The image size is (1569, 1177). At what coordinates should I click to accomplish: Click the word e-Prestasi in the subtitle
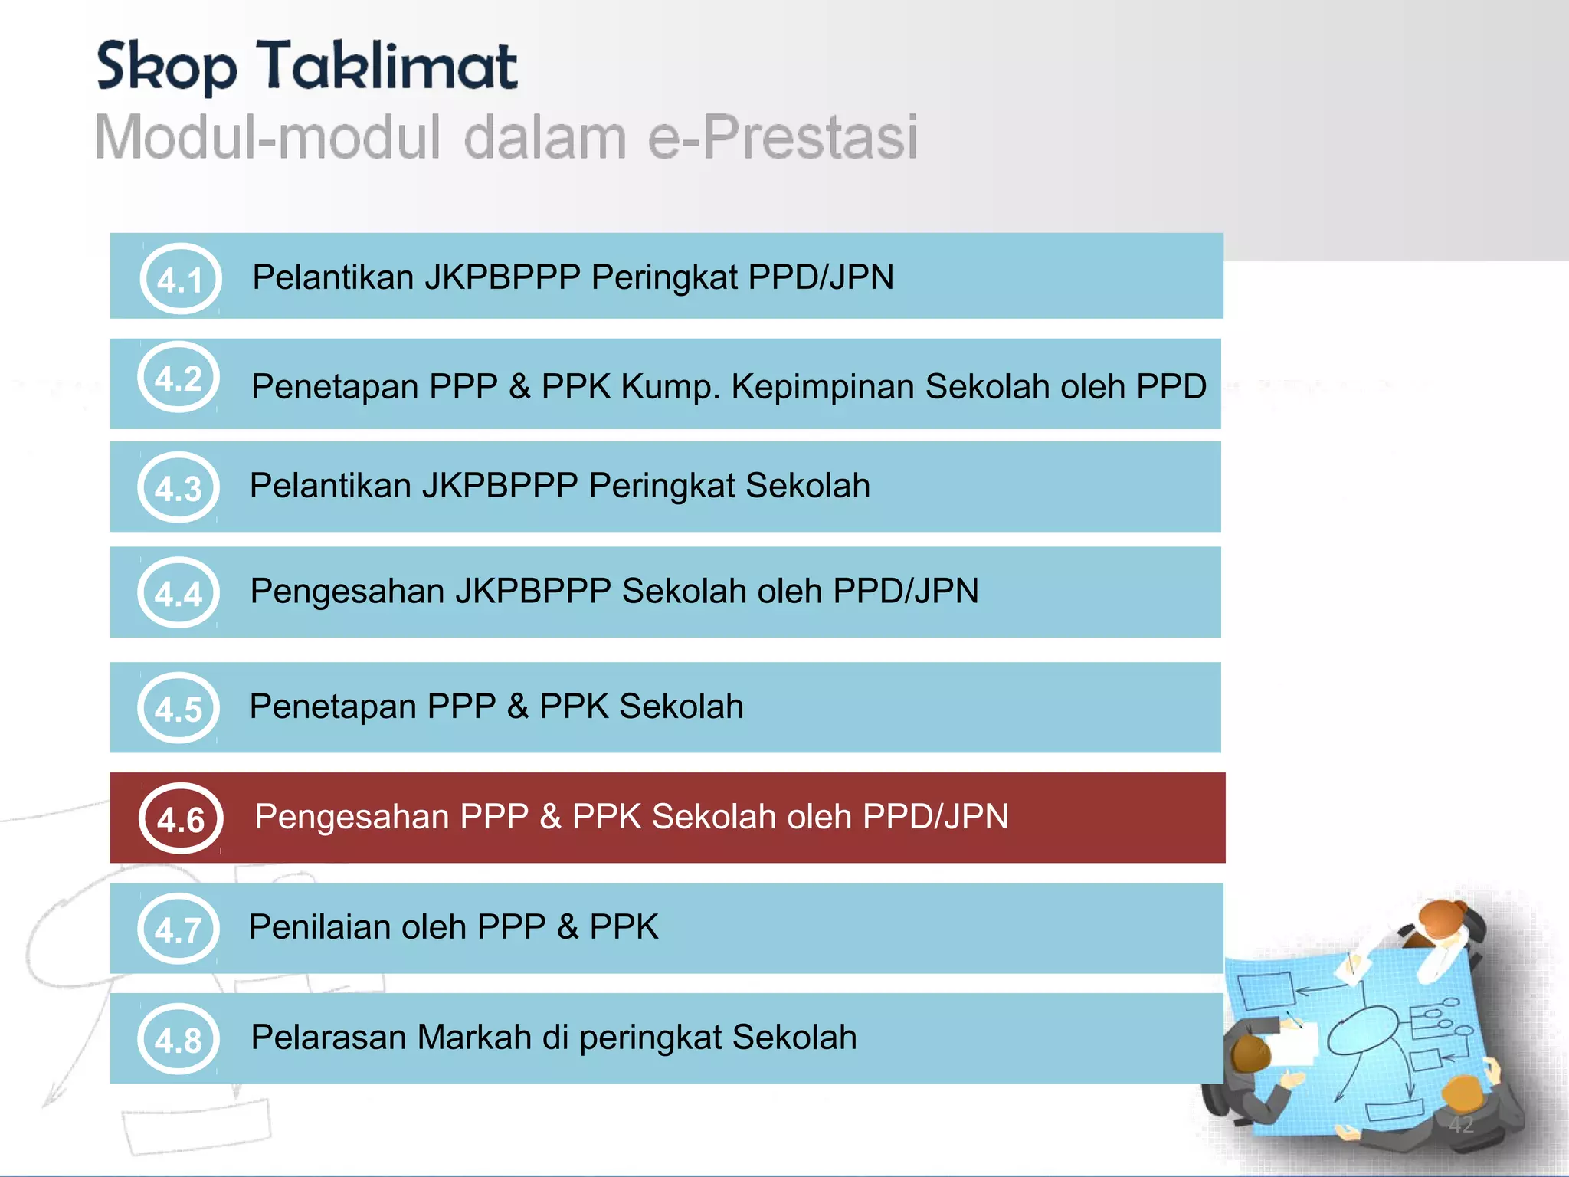click(782, 138)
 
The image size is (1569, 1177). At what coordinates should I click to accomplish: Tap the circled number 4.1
click(181, 279)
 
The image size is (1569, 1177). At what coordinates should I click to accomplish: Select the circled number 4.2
click(179, 378)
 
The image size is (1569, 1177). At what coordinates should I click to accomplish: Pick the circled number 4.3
click(179, 488)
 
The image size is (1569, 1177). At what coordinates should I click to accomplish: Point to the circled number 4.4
click(179, 593)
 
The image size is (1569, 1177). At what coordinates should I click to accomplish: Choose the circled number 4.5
click(179, 709)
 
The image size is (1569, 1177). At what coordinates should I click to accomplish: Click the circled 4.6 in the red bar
click(181, 819)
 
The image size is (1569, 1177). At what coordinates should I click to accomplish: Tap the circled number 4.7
click(179, 929)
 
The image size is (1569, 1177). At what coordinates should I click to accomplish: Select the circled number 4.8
click(179, 1040)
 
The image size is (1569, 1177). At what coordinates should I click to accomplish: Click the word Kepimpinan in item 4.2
click(823, 387)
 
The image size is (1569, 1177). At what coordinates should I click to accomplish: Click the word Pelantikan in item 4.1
click(333, 277)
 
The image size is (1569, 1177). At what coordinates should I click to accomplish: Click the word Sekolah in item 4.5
click(681, 707)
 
